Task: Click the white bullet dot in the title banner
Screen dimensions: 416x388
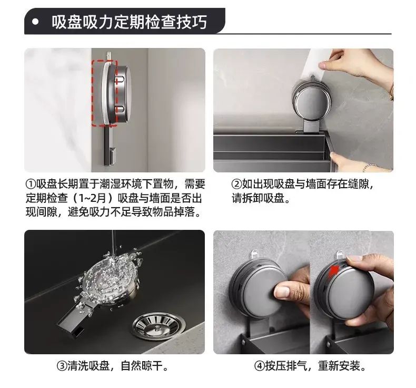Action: [x=35, y=22]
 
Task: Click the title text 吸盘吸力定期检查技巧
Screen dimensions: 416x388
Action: [x=129, y=22]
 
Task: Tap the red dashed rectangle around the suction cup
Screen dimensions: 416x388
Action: [x=105, y=93]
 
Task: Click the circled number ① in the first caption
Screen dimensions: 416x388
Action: [x=31, y=183]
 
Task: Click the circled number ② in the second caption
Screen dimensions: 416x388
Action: [x=236, y=184]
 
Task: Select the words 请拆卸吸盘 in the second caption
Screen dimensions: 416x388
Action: [x=258, y=198]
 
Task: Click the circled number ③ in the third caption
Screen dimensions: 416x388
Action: [x=62, y=366]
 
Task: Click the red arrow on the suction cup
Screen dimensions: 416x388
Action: [x=334, y=271]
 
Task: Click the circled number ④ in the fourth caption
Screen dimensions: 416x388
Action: [x=259, y=366]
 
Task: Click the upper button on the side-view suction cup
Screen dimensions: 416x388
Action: [x=120, y=80]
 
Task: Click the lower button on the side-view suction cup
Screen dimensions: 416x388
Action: [x=120, y=109]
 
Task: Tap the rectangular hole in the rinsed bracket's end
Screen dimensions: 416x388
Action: [x=79, y=332]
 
